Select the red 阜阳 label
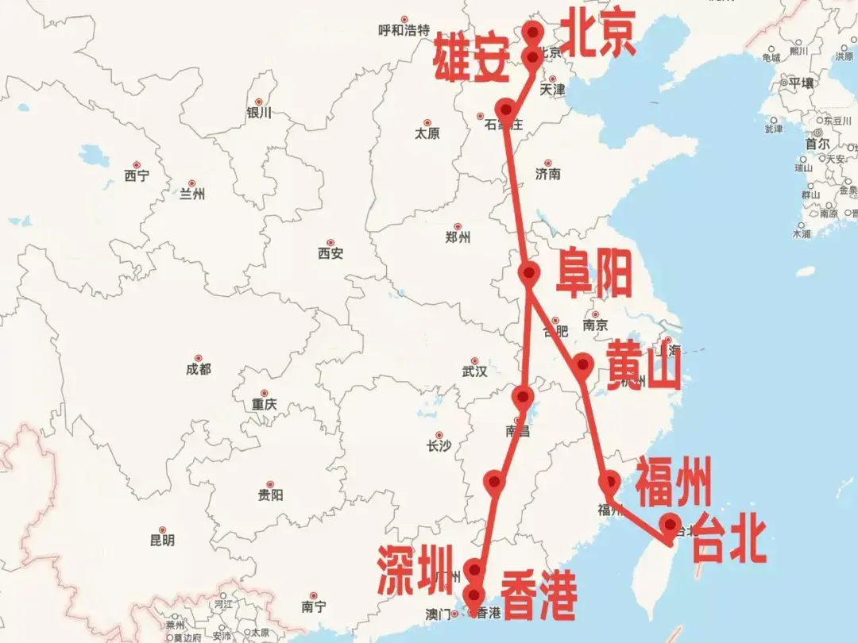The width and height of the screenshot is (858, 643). tap(593, 272)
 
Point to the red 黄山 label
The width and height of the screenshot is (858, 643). tap(643, 366)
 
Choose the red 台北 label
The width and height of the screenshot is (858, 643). tap(729, 541)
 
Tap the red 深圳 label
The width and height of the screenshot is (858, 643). tap(415, 569)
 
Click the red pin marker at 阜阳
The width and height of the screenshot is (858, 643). tap(529, 272)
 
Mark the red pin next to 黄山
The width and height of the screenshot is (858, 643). tap(583, 364)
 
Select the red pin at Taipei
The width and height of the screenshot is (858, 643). tap(671, 525)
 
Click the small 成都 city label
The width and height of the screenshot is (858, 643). tap(199, 369)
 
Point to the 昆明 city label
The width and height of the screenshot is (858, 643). tap(162, 541)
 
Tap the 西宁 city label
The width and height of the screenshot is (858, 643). tap(137, 176)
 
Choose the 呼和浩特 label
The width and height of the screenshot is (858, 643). tap(404, 31)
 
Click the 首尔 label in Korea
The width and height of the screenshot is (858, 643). tap(817, 144)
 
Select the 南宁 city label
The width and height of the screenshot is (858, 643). tap(314, 607)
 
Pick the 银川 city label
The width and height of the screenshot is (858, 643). tap(259, 113)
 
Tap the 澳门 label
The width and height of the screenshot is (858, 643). tap(439, 614)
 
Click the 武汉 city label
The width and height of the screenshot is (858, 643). tap(474, 371)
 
